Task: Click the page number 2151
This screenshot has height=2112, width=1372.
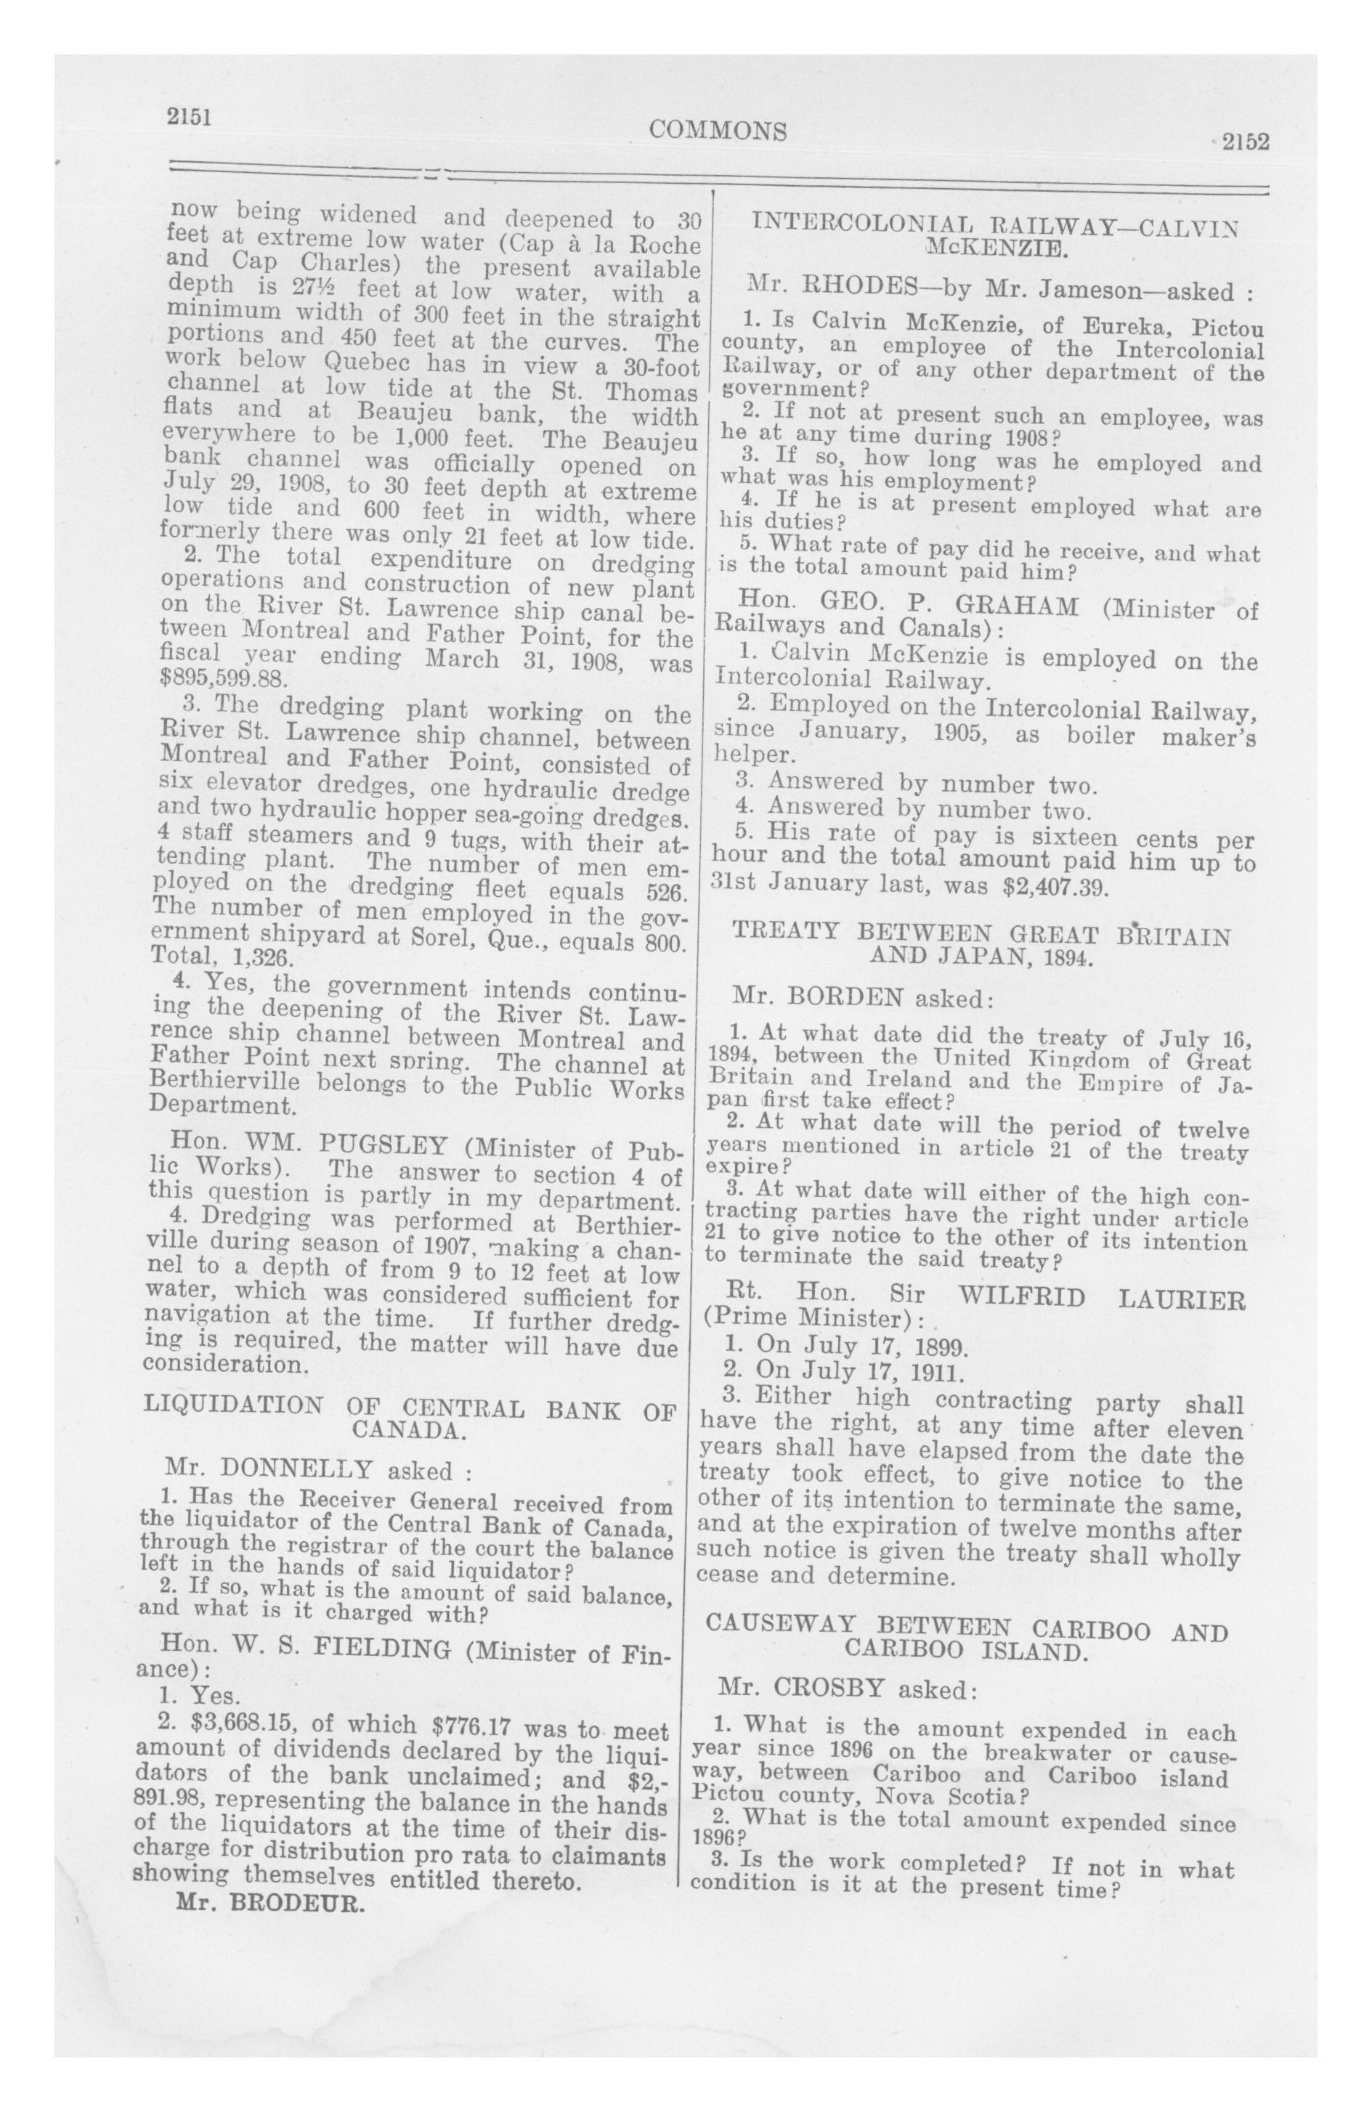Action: [x=189, y=116]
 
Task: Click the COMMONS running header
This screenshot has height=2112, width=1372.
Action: [x=717, y=131]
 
